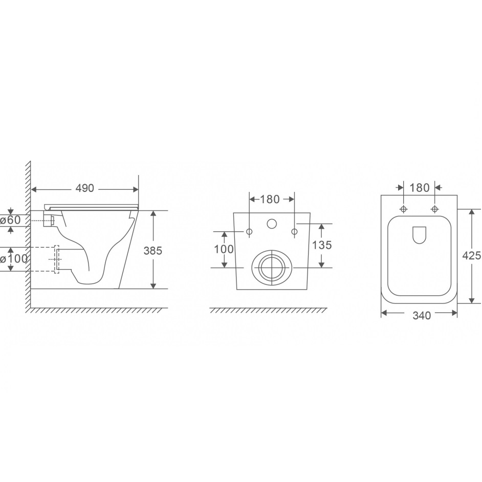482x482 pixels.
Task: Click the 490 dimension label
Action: click(x=84, y=188)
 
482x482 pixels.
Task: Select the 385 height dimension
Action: click(x=153, y=251)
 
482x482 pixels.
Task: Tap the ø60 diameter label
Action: click(x=10, y=220)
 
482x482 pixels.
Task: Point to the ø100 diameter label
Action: click(x=14, y=259)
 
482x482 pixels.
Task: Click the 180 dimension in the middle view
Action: click(x=270, y=200)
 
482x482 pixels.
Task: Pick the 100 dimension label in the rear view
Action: click(x=224, y=249)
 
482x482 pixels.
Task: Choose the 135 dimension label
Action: click(x=322, y=245)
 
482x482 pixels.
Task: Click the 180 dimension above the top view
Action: click(x=420, y=187)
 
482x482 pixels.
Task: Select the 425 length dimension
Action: click(x=472, y=255)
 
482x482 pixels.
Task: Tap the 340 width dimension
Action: click(x=422, y=316)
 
